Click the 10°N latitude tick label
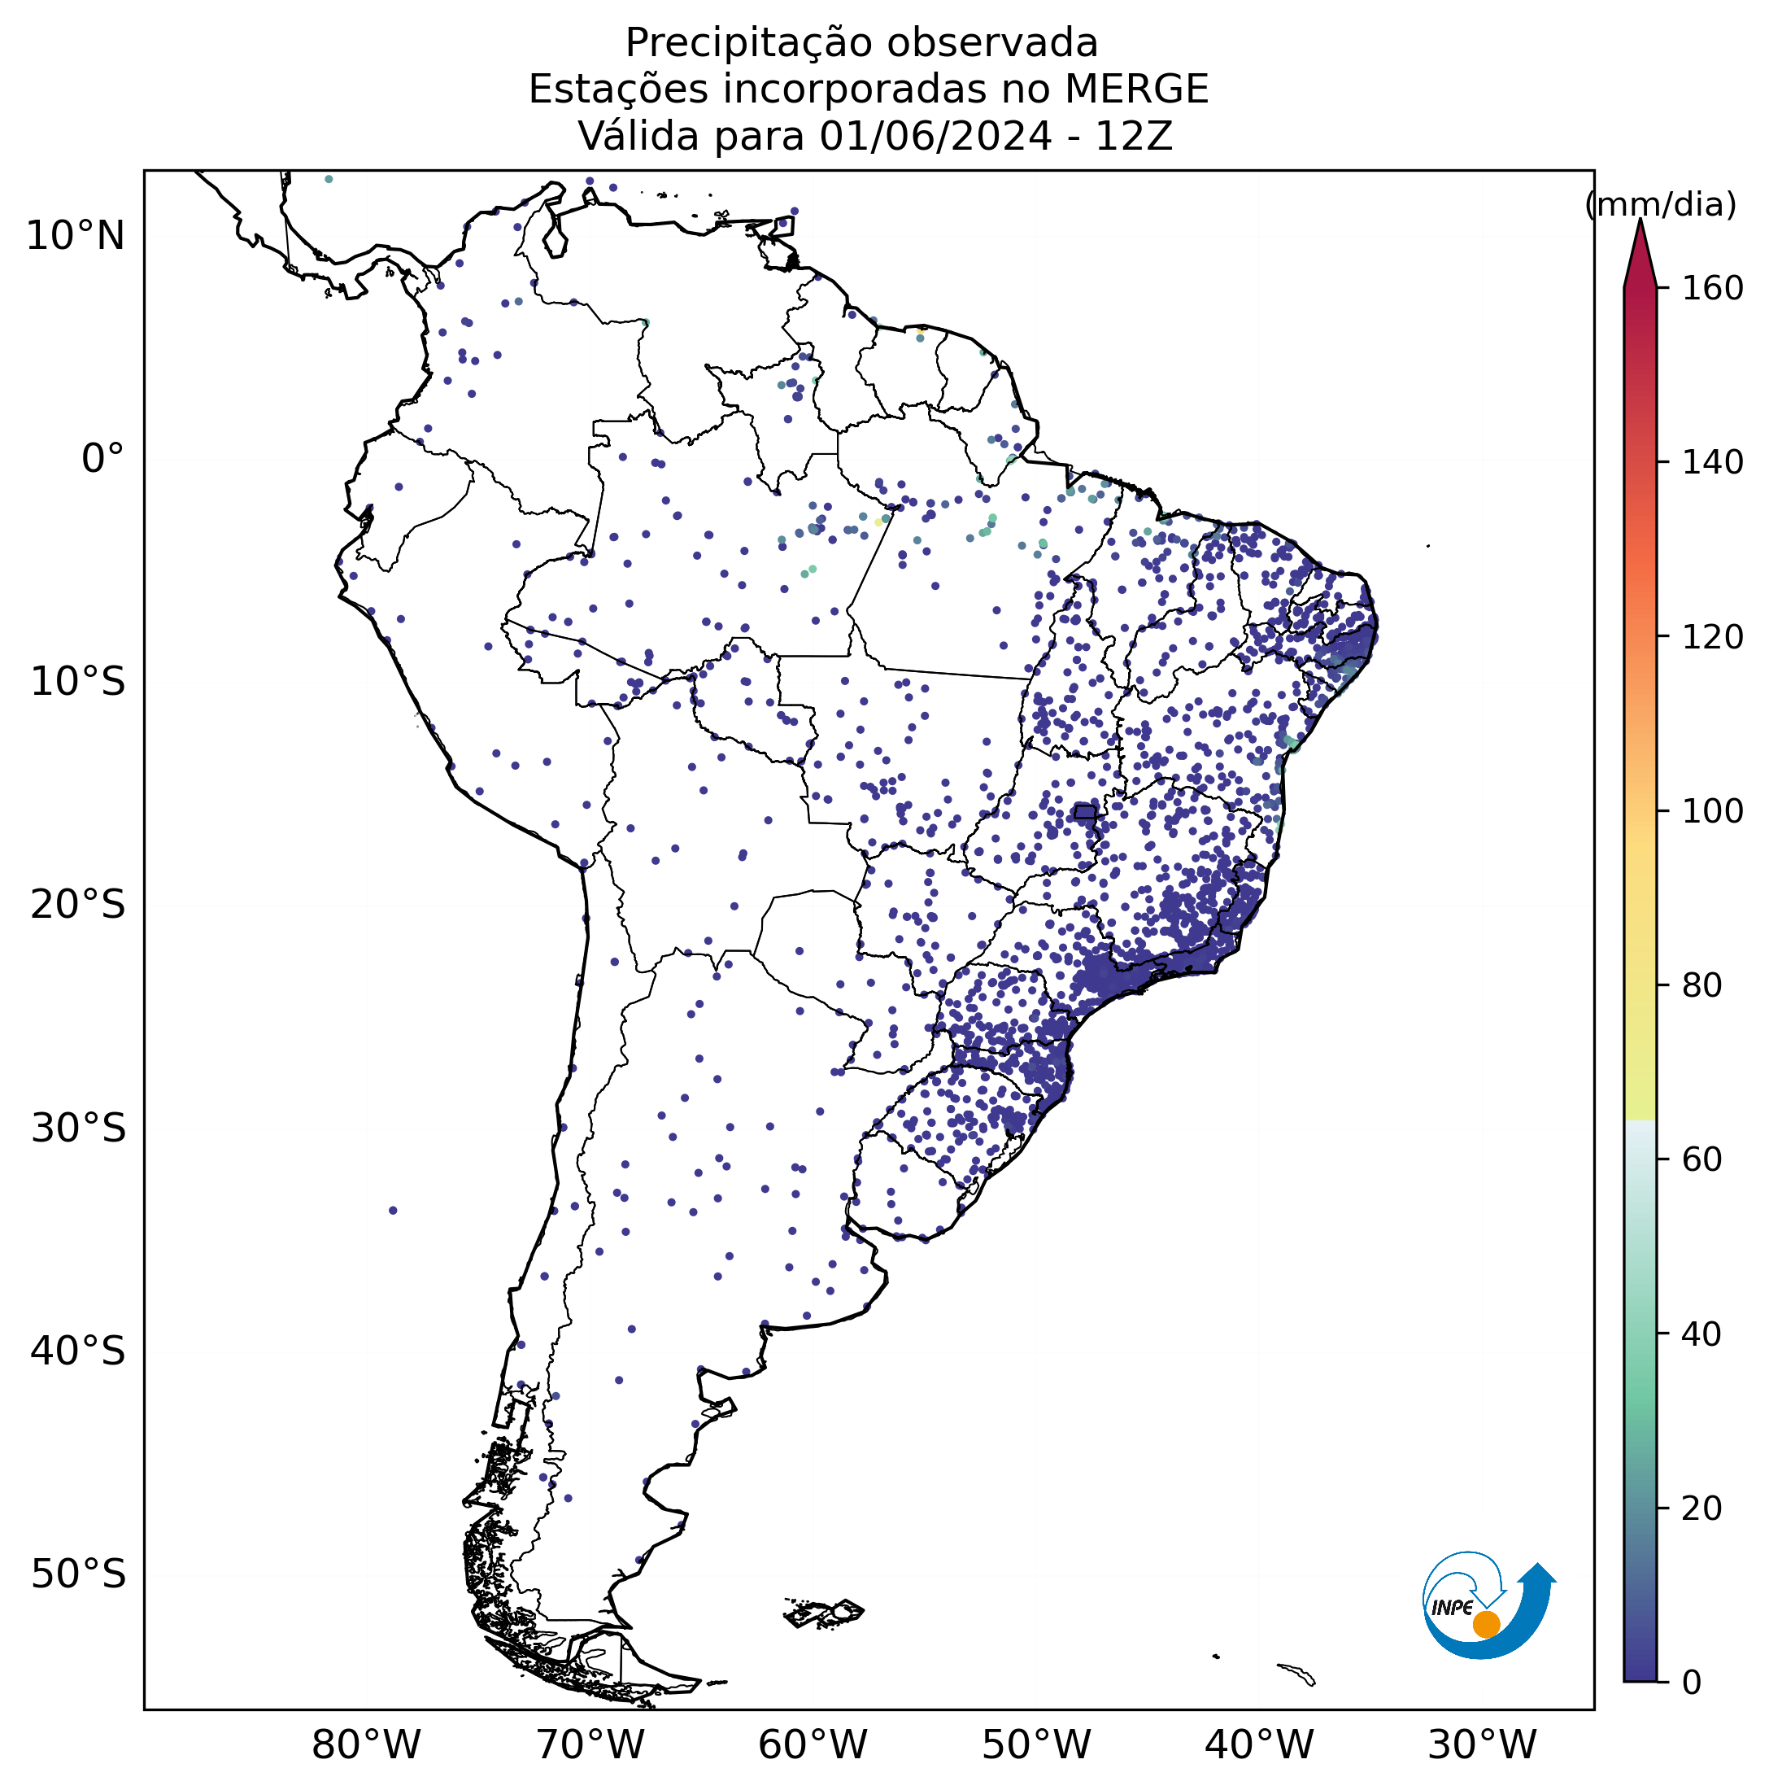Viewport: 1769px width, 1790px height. pos(75,236)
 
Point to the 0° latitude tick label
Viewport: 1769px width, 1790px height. pos(102,459)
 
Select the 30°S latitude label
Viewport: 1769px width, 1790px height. pos(78,1129)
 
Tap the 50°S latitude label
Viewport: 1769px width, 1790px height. pos(78,1574)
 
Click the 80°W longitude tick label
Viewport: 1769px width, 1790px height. pos(367,1745)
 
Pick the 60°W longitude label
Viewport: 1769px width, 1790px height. pos(813,1745)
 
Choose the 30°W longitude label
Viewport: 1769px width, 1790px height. pos(1482,1745)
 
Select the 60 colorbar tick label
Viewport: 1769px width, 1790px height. pos(1702,1159)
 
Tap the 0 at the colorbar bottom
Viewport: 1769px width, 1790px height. pos(1691,1682)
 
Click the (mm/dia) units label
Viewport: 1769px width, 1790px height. pos(1661,205)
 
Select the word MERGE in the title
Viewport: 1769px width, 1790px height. pos(1136,89)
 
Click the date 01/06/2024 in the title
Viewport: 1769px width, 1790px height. pos(935,136)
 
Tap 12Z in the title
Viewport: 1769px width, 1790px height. pos(1135,136)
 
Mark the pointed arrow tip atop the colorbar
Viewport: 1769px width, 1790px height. pos(1640,220)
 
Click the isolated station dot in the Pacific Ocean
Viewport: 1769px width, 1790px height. pos(393,1210)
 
